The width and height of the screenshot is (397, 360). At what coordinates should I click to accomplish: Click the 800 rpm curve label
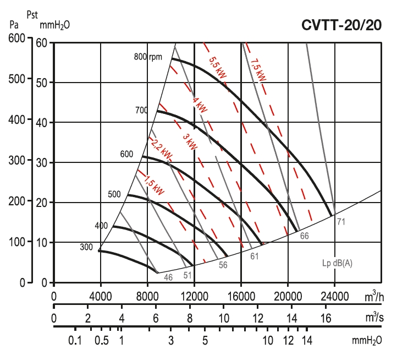(x=148, y=57)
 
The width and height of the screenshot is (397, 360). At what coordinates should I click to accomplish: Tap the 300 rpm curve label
(x=86, y=247)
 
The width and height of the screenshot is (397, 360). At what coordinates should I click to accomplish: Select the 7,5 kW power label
(x=258, y=70)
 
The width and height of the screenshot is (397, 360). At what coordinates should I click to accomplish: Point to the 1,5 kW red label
(x=154, y=184)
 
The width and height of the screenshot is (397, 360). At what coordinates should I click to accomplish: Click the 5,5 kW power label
(x=217, y=68)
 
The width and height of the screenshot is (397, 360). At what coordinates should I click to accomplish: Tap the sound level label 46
(x=168, y=277)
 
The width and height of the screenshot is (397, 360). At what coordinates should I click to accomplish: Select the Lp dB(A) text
(x=337, y=263)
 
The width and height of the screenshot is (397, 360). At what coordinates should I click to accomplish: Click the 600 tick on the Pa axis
(x=18, y=38)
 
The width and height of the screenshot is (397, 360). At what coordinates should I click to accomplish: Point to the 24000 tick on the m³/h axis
(x=335, y=297)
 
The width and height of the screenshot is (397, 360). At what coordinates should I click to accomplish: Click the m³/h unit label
(x=374, y=297)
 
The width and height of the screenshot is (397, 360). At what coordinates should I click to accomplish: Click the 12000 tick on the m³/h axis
(x=194, y=297)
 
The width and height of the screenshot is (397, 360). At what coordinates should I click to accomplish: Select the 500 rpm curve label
(x=114, y=194)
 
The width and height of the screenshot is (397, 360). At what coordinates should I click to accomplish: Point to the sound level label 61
(x=254, y=256)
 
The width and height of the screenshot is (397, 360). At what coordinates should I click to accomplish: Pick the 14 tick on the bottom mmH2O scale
(x=307, y=341)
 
